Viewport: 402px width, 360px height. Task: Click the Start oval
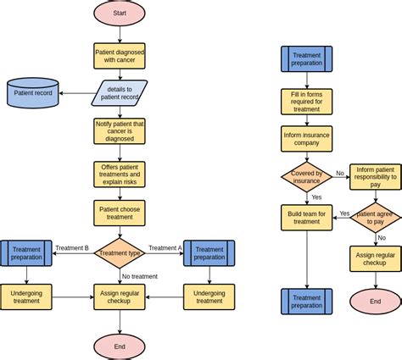click(120, 14)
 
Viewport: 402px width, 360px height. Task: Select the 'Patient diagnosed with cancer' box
click(120, 56)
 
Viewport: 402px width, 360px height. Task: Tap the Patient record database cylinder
click(33, 93)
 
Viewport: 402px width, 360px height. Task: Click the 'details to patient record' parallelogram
click(120, 93)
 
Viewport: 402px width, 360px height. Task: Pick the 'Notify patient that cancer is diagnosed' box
click(120, 131)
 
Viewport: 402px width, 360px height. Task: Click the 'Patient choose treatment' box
click(120, 213)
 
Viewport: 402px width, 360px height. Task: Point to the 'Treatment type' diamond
click(120, 252)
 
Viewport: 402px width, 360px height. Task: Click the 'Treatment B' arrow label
click(72, 248)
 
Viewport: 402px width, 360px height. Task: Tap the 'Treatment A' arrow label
click(165, 248)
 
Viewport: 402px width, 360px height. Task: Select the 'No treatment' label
click(140, 276)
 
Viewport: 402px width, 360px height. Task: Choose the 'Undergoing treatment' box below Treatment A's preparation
click(209, 296)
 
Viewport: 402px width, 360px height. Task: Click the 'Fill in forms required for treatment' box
click(306, 102)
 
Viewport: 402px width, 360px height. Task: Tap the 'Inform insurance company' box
click(306, 138)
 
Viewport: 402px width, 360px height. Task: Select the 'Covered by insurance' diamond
click(306, 177)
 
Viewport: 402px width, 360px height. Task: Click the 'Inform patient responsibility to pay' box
click(375, 177)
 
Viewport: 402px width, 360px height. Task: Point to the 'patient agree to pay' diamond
click(375, 218)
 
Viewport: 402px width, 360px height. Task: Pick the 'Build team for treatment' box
click(306, 218)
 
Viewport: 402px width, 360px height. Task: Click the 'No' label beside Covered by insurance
click(340, 173)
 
